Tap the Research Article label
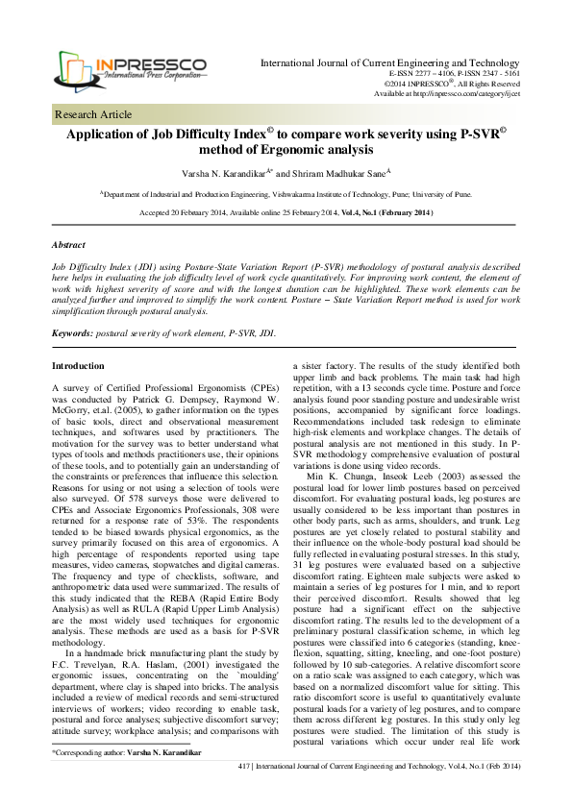91,113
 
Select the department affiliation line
286,192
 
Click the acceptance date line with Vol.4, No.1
286,211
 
